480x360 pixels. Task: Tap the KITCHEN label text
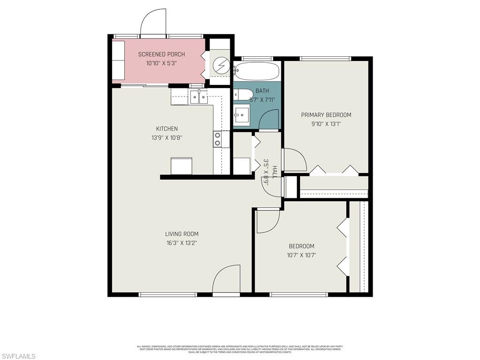click(167, 129)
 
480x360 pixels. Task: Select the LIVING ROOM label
click(181, 234)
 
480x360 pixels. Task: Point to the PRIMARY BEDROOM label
click(326, 115)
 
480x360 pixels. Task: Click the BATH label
click(262, 91)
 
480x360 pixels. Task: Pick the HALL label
click(275, 172)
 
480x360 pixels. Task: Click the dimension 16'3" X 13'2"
click(181, 243)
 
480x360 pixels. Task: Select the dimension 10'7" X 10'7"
click(301, 255)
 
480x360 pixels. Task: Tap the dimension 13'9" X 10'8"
click(167, 138)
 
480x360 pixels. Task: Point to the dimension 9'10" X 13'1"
click(326, 124)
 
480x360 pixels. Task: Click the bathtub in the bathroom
click(257, 72)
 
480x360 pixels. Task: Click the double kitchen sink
click(199, 97)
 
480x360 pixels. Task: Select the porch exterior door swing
click(153, 23)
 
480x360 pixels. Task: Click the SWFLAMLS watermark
click(18, 356)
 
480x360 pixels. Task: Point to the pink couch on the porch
click(118, 60)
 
